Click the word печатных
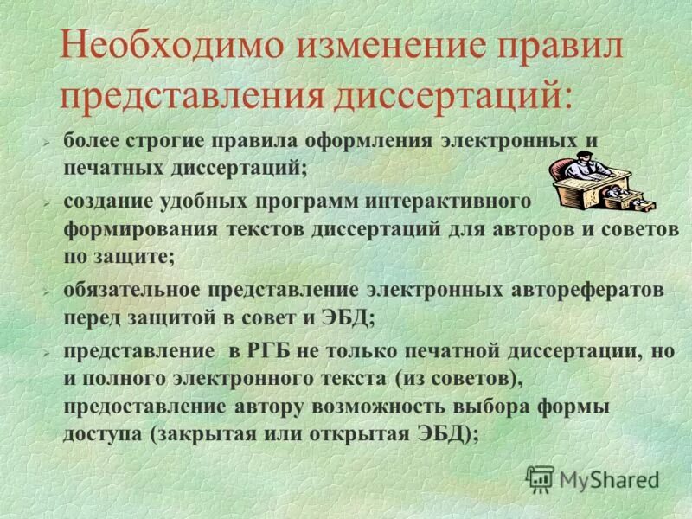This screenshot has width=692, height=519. coord(102,165)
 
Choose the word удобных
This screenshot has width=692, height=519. coord(209,201)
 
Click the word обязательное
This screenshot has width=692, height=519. coord(137,290)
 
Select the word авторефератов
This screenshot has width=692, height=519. coord(591,290)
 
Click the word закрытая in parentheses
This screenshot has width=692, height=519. coord(210,434)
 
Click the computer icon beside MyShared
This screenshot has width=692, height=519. coord(540,477)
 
